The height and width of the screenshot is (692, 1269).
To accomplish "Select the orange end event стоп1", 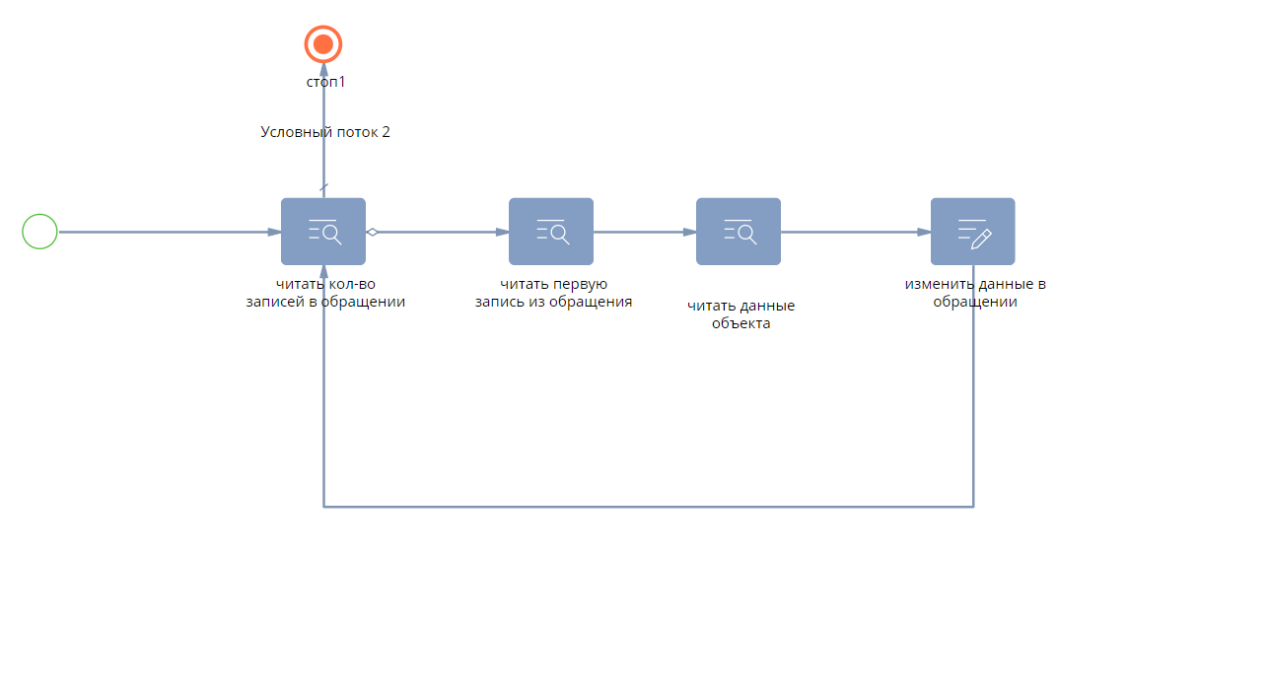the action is click(322, 44).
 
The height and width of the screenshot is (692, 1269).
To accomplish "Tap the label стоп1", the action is click(325, 82).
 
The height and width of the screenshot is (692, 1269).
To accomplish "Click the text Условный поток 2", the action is click(325, 132).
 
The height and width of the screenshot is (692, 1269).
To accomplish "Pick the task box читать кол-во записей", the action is click(322, 231).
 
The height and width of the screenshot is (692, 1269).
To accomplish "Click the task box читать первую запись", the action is click(550, 231).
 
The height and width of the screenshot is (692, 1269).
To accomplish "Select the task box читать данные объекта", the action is click(739, 231).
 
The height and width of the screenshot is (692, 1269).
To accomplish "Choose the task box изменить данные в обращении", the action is click(973, 231).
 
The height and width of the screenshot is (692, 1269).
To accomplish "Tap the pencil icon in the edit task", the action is click(981, 239).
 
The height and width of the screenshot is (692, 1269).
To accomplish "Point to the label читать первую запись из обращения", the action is click(553, 293).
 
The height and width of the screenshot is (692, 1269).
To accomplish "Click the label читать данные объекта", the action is click(741, 314).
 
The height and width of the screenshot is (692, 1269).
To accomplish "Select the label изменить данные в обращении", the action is click(975, 293).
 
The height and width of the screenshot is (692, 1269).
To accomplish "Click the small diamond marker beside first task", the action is click(372, 233).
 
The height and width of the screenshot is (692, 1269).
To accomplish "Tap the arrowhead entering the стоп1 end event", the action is click(323, 70).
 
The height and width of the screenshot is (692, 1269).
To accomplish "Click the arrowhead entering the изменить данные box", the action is click(924, 233).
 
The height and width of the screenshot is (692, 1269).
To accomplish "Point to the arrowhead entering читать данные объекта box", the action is click(689, 233).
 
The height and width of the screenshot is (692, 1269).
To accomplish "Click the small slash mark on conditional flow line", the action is click(324, 187).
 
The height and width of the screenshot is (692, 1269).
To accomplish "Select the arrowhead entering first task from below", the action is click(323, 272).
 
